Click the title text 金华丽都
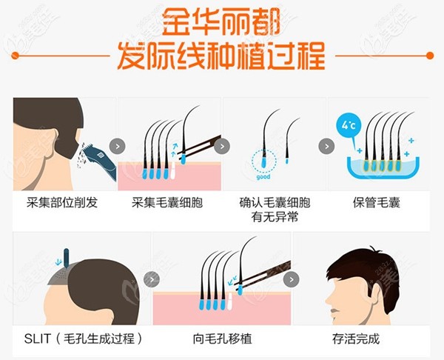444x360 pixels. (x=221, y=21)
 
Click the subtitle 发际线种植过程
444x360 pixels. (x=221, y=55)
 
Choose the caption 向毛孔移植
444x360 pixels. (x=222, y=339)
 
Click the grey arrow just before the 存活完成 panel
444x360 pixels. (x=290, y=279)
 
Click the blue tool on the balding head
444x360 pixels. (x=64, y=259)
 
